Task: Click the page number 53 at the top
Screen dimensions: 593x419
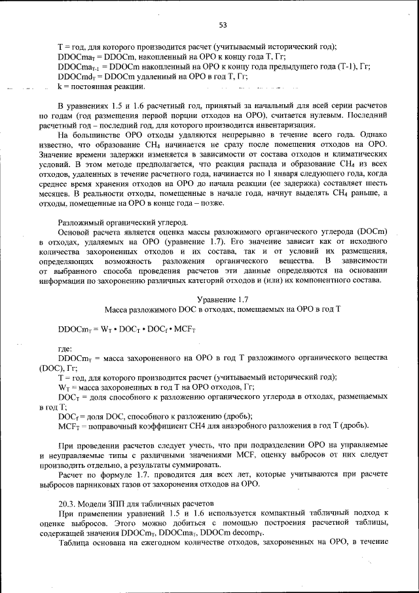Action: pyautogui.click(x=222, y=25)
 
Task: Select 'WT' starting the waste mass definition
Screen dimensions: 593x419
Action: pyautogui.click(x=64, y=387)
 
